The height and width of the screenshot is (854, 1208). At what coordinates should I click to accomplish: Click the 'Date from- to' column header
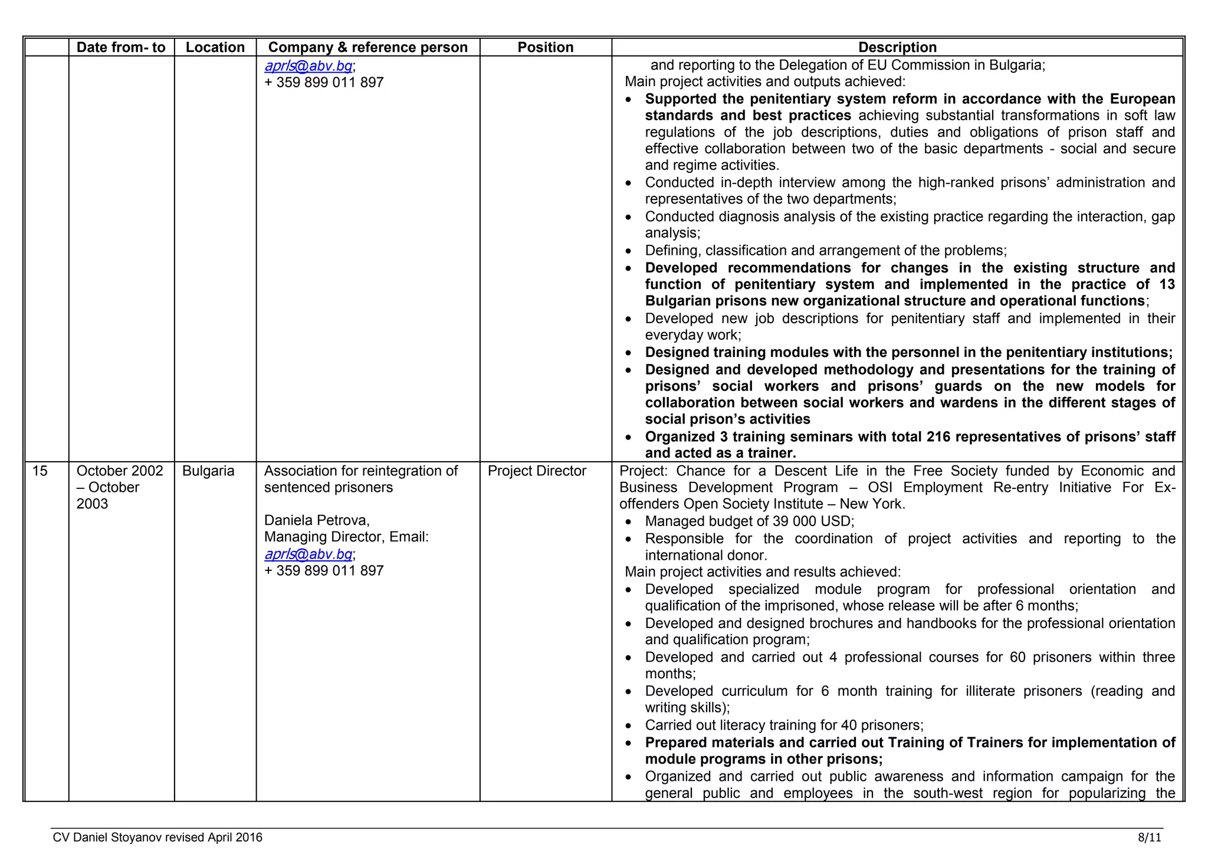(x=121, y=47)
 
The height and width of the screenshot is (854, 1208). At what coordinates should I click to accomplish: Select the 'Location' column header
(x=215, y=47)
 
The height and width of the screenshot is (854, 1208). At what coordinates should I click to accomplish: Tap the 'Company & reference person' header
(x=367, y=47)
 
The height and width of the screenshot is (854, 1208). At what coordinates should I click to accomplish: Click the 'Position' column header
(x=545, y=47)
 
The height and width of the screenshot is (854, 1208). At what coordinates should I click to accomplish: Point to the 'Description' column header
(x=897, y=47)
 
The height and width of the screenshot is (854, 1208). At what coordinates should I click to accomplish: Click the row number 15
(x=40, y=471)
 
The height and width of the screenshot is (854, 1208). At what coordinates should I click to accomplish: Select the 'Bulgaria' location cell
(x=208, y=471)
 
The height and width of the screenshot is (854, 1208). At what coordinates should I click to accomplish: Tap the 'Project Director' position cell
(x=537, y=471)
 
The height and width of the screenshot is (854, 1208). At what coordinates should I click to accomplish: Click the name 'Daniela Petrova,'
(x=317, y=520)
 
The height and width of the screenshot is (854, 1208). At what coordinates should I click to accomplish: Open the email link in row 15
(x=308, y=554)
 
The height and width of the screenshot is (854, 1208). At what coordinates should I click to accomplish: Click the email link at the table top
(x=308, y=65)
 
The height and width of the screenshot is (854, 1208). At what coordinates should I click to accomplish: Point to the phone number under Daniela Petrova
(x=324, y=570)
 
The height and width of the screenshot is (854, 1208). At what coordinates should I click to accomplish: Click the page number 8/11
(x=1150, y=837)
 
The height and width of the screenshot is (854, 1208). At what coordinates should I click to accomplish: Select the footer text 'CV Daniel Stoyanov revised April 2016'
(x=157, y=837)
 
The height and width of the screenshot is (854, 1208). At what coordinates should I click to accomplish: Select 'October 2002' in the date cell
(x=120, y=471)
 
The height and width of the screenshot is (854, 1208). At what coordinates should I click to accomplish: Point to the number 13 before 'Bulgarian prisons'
(x=1167, y=284)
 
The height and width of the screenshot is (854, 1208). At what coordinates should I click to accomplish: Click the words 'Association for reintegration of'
(x=360, y=471)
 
